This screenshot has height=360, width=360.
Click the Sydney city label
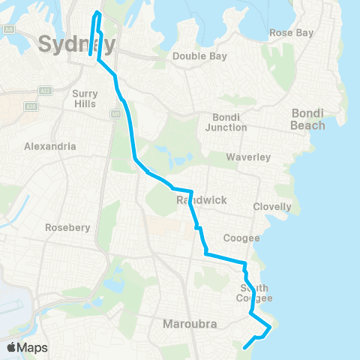(x=76, y=44)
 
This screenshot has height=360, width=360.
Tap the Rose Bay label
(x=291, y=34)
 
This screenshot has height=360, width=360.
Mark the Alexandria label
(x=49, y=146)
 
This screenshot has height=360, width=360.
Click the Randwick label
(x=196, y=200)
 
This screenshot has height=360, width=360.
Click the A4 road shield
(x=9, y=28)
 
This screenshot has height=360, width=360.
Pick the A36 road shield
(x=31, y=106)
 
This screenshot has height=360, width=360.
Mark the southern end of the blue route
(x=245, y=347)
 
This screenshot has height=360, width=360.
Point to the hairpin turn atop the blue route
(x=97, y=13)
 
